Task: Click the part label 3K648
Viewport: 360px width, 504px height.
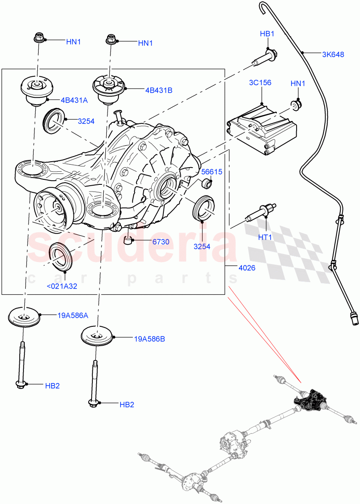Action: coord(333,54)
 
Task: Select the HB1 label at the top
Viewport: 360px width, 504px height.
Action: coord(267,34)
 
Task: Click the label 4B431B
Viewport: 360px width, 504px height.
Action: coord(159,90)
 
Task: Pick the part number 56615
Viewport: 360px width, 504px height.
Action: coord(212,172)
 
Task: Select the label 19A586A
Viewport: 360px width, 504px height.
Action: coord(73,316)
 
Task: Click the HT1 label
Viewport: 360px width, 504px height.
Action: coord(265,237)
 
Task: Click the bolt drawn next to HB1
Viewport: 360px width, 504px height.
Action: coord(265,58)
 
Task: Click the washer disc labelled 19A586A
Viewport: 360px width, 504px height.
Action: coord(24,317)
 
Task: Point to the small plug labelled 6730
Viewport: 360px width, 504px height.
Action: coord(129,241)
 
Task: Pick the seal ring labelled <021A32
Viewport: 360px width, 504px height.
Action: coord(61,255)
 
